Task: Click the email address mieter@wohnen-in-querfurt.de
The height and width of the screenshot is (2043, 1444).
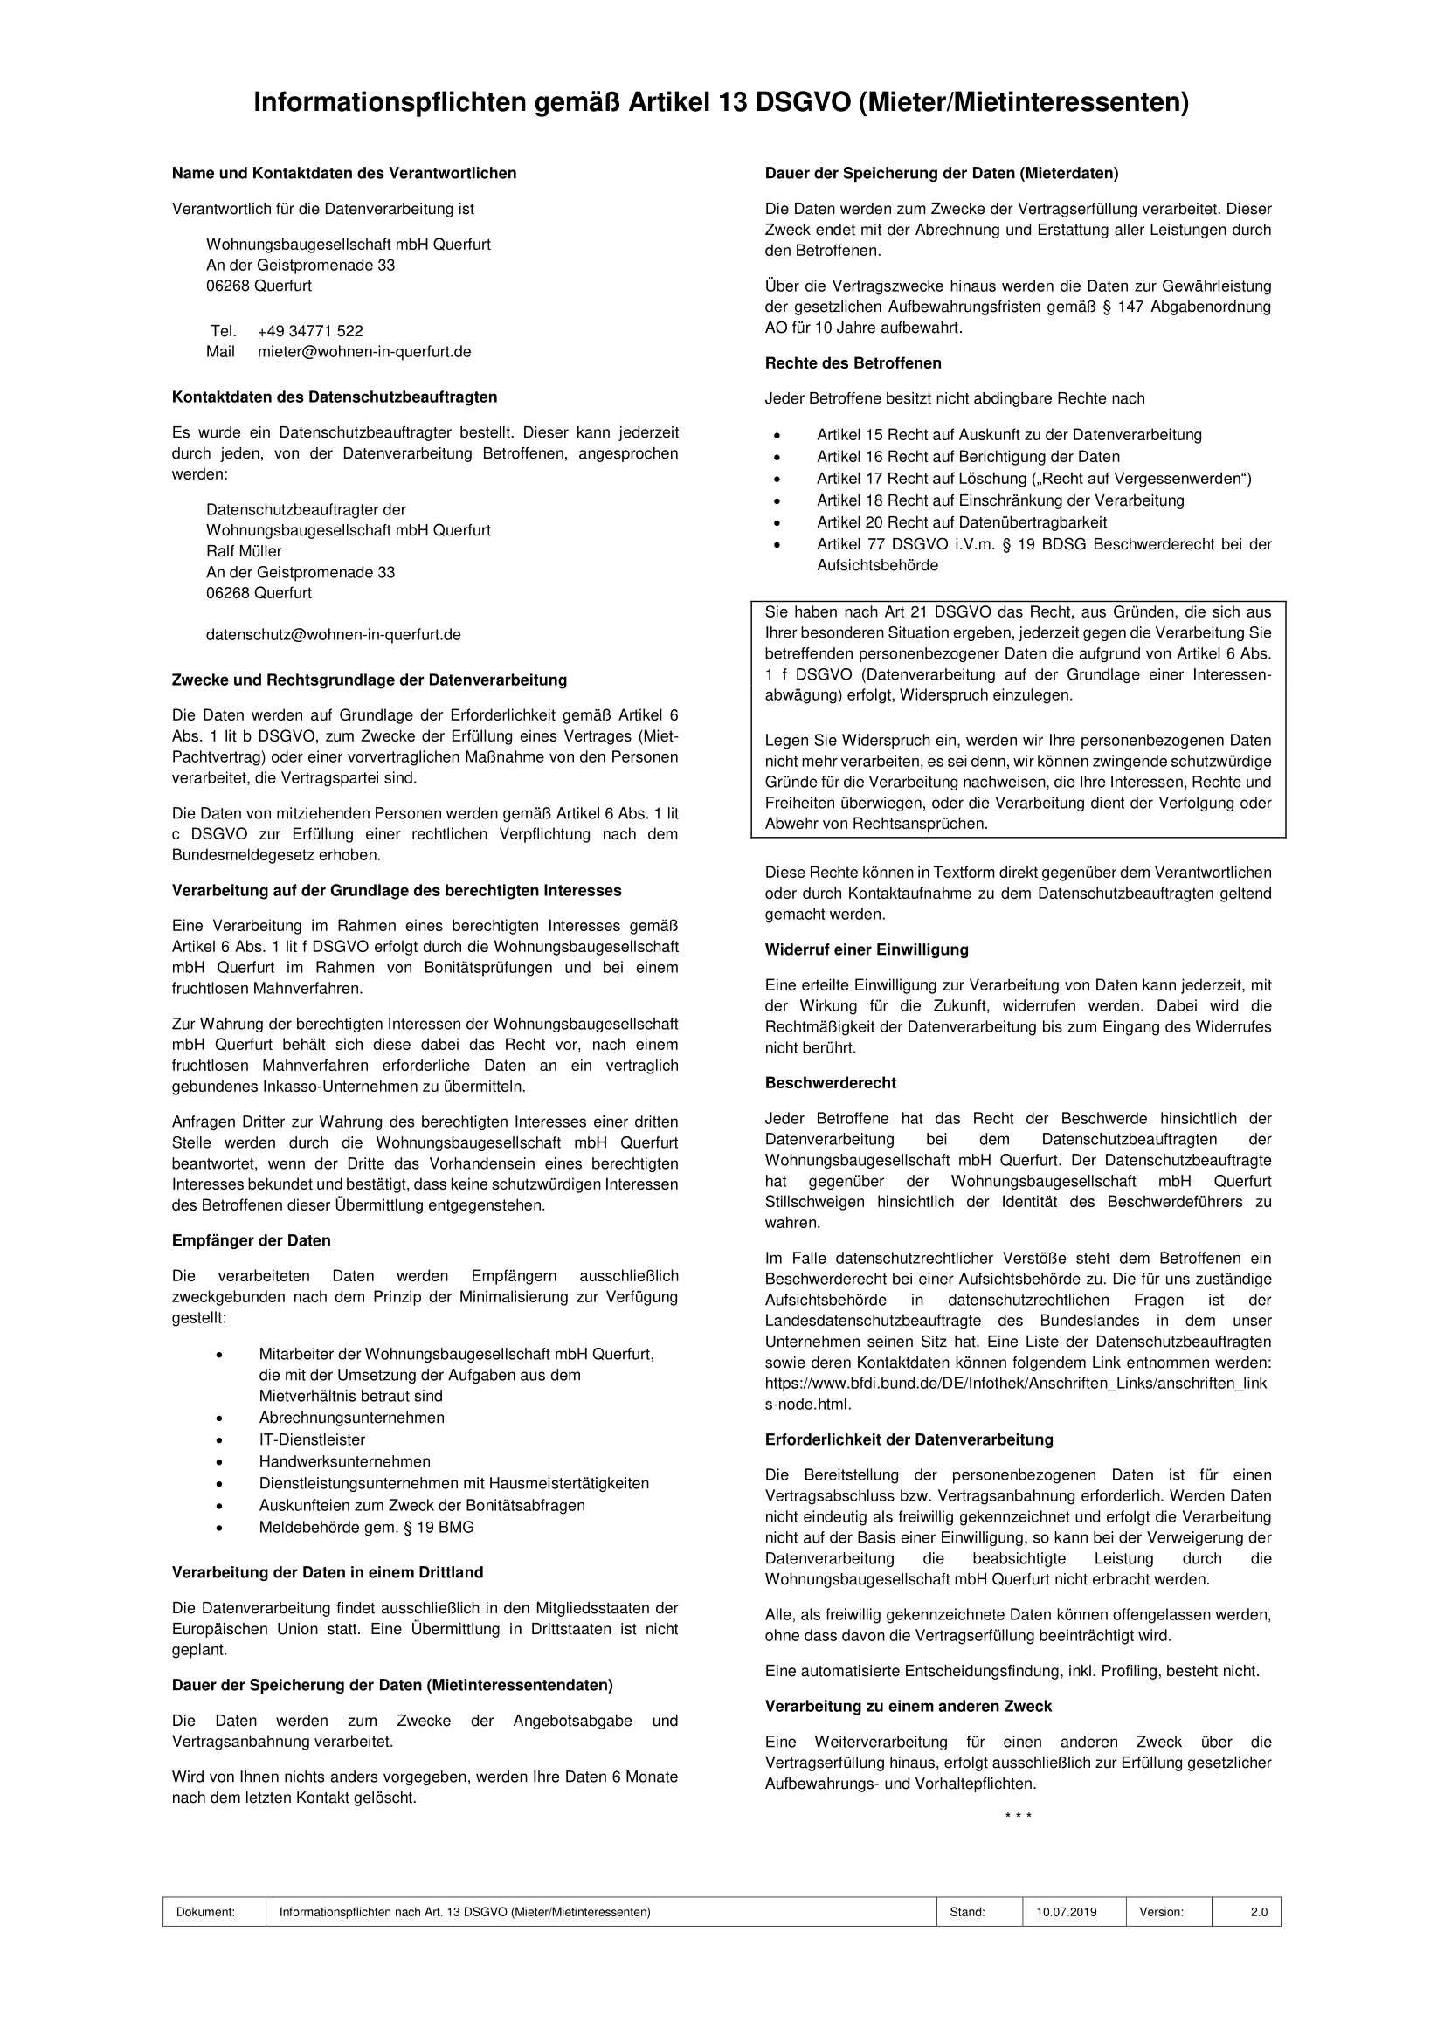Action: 364,351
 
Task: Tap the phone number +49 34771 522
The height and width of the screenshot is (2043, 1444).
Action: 309,331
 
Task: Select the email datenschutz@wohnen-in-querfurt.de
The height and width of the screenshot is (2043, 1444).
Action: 333,634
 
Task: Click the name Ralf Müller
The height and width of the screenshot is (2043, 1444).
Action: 244,551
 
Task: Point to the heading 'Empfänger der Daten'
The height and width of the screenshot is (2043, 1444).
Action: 251,1240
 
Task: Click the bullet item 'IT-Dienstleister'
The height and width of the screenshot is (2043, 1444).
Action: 311,1439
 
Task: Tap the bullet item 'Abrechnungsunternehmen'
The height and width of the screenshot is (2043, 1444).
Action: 351,1418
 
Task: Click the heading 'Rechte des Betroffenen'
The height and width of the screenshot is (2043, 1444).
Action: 853,363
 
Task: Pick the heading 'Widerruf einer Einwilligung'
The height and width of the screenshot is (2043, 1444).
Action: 866,949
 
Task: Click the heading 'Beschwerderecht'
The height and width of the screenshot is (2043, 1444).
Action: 830,1083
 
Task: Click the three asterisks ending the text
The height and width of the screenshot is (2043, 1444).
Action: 1018,1816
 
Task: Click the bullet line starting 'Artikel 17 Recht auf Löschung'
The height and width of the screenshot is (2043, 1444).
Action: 1033,479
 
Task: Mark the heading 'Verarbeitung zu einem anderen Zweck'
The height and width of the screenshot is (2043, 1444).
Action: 908,1706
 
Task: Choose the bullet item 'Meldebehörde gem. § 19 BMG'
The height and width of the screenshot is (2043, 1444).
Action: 367,1527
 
